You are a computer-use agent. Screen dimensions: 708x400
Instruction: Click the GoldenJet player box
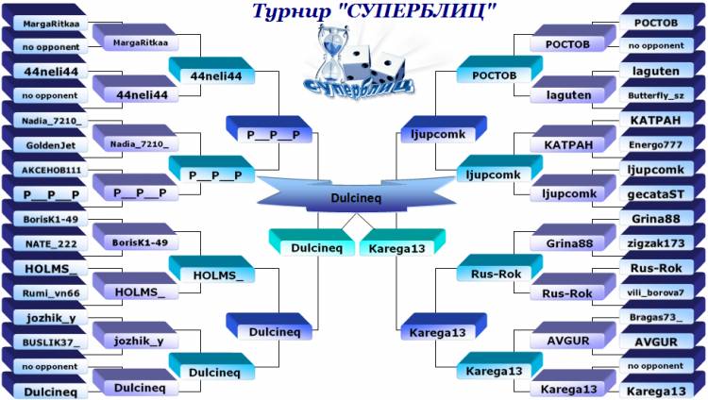51,145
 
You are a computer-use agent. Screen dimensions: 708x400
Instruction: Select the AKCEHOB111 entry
51,170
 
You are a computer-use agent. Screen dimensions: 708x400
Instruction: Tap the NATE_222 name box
51,244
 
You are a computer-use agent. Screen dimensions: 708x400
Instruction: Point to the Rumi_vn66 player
51,293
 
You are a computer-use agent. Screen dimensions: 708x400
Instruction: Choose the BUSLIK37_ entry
51,342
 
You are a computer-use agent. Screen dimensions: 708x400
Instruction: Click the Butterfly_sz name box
656,95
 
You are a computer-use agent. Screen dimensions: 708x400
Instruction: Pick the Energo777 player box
656,145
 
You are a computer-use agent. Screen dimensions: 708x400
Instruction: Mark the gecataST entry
656,194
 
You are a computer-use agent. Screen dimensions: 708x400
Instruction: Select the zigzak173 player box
656,243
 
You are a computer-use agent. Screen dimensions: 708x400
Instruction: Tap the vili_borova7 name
656,292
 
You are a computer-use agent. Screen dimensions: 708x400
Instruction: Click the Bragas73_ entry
656,317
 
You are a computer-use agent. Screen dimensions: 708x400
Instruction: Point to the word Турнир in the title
292,10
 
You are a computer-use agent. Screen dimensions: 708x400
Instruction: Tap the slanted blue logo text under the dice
358,87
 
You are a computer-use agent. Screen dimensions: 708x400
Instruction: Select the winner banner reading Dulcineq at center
356,197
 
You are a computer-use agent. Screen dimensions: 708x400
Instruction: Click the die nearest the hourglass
360,63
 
